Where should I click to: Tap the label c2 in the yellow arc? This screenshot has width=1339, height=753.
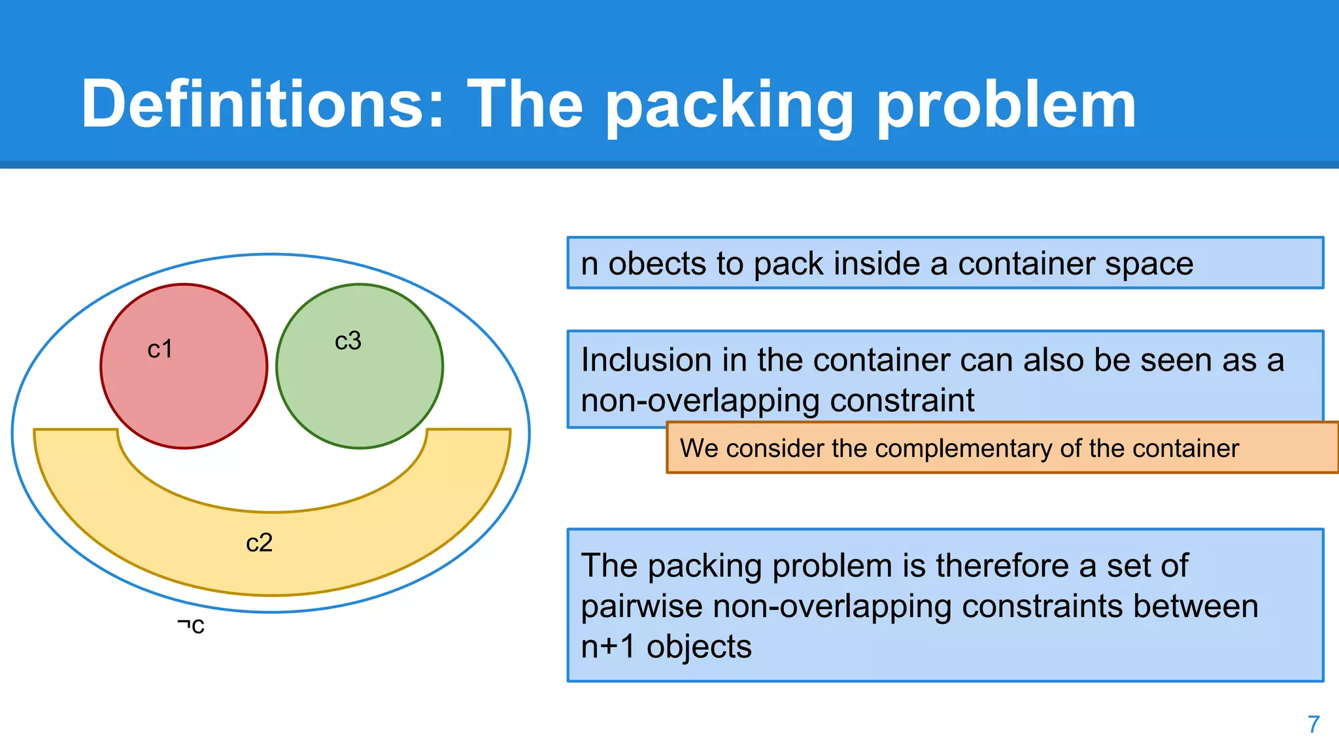259,543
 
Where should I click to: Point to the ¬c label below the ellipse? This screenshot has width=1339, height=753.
191,626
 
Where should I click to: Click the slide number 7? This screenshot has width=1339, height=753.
1314,724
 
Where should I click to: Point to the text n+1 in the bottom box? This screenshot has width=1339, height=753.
608,647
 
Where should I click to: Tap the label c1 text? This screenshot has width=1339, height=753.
160,349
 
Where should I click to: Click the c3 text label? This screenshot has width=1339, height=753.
348,341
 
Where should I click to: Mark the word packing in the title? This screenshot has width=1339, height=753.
728,105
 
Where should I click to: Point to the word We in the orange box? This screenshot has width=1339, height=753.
698,448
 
